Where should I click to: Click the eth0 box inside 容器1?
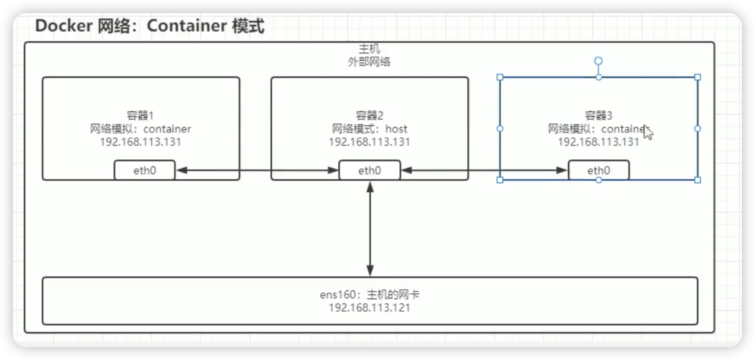145,170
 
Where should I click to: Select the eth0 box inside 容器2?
370,170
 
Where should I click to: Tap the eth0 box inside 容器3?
598,170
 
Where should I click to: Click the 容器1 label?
141,116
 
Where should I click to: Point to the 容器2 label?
370,116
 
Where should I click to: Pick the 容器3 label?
598,116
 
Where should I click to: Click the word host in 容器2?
396,129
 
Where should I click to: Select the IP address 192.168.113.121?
369,307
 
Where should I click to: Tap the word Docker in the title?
64,26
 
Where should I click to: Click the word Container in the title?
187,26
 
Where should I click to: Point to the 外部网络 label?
369,62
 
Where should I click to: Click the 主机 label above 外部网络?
369,49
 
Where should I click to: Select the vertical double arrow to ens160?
370,228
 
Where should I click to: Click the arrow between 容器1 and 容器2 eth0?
257,170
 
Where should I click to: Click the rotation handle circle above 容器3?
598,61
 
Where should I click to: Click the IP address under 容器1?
141,142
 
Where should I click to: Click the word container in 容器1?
167,129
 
